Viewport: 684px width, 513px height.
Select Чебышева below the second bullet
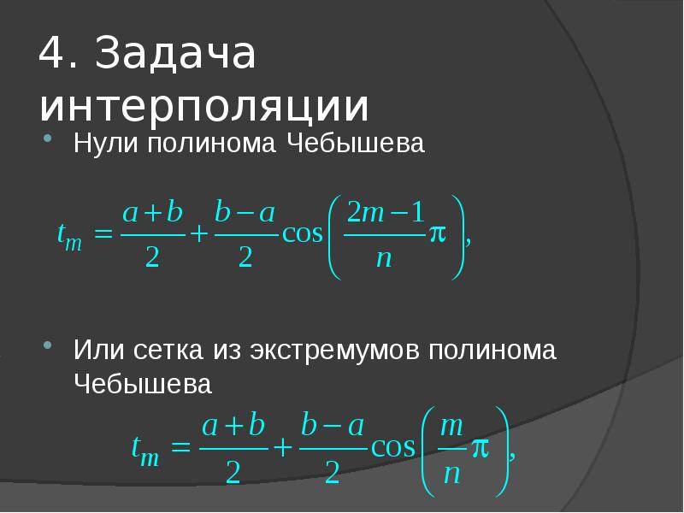point(142,384)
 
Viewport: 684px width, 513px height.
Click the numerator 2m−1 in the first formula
point(384,214)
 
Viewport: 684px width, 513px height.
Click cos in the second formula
point(392,447)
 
